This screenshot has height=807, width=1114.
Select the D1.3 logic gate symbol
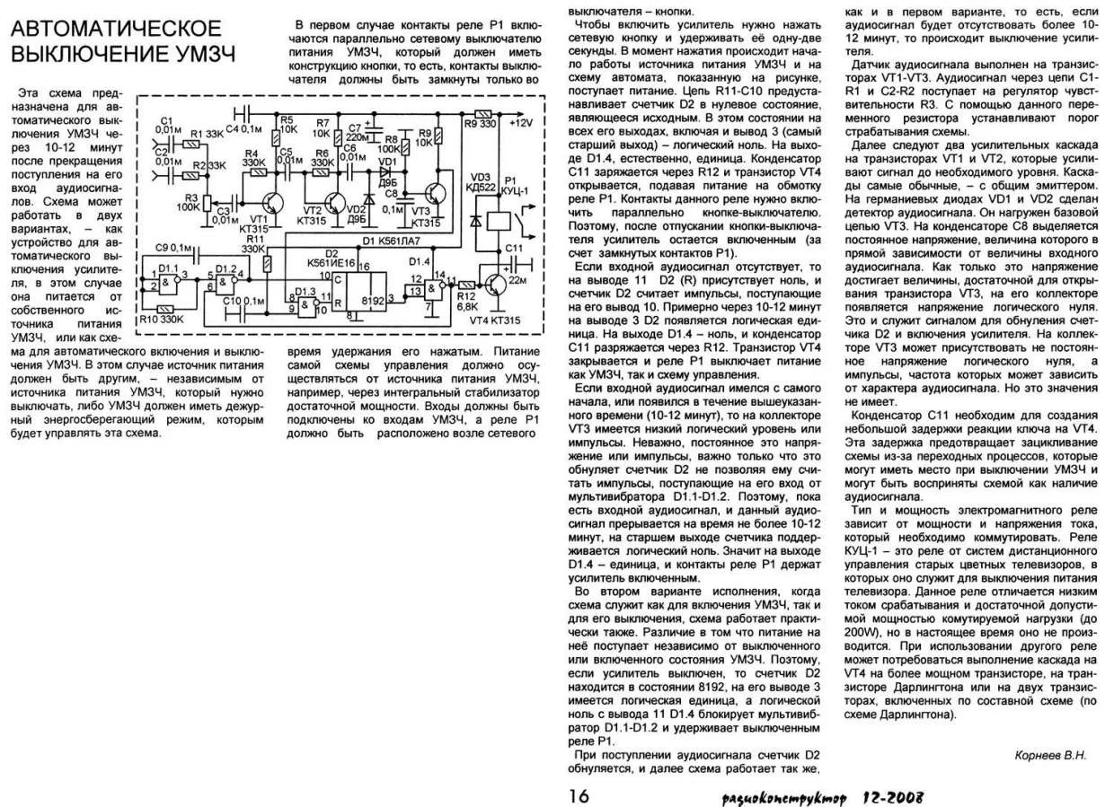coord(308,303)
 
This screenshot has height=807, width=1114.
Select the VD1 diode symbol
coord(387,169)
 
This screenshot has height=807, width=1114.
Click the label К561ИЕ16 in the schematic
coord(331,262)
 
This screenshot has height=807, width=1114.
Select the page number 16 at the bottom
coord(579,795)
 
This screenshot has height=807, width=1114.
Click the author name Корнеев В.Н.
coord(1049,755)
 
